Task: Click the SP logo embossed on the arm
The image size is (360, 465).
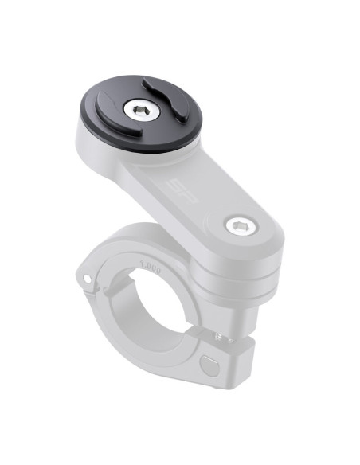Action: coord(177,190)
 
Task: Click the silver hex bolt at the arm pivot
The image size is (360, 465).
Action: coord(237,226)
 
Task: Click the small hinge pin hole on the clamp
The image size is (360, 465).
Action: coord(83,278)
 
